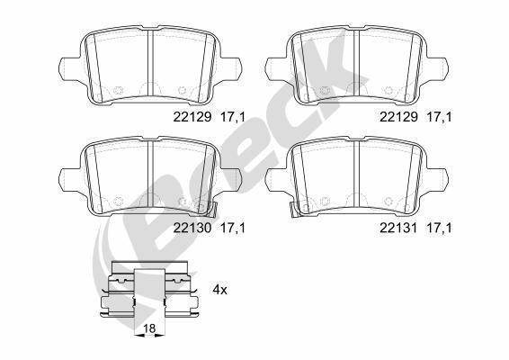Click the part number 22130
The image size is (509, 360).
click(x=190, y=228)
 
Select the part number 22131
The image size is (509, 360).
click(x=397, y=228)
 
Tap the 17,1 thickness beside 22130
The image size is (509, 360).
click(x=233, y=228)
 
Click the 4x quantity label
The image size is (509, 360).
click(x=219, y=290)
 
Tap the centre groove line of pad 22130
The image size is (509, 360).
click(x=149, y=175)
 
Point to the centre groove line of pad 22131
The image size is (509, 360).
click(x=357, y=175)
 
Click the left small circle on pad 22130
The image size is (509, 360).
click(x=117, y=201)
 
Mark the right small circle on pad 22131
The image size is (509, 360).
click(x=390, y=201)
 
